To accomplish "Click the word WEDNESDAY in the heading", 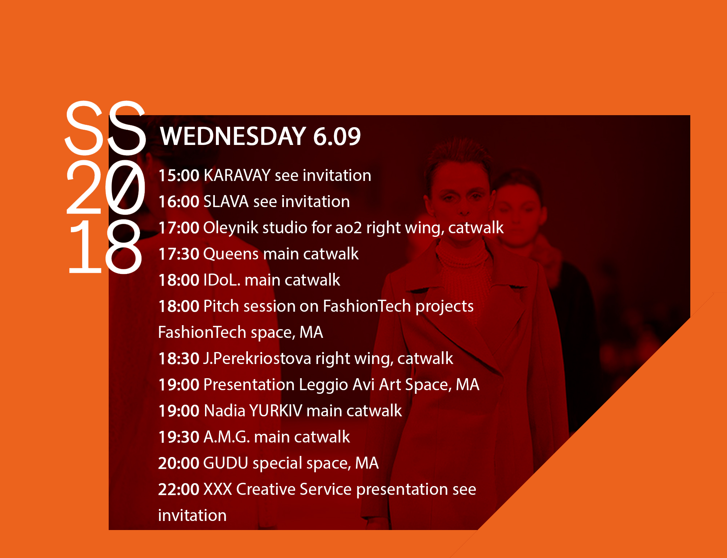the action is [233, 136].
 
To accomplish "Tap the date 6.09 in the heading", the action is [337, 137].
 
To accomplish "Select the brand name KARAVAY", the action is [237, 175].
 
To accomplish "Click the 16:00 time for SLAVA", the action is [179, 202].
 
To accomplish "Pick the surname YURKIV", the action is [276, 411].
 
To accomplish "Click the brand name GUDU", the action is [225, 463].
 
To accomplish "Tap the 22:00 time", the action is [179, 489].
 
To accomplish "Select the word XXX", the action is [218, 489].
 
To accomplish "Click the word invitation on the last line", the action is [192, 515].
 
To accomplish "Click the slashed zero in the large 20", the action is [125, 187].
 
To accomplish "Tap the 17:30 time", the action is [179, 254].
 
